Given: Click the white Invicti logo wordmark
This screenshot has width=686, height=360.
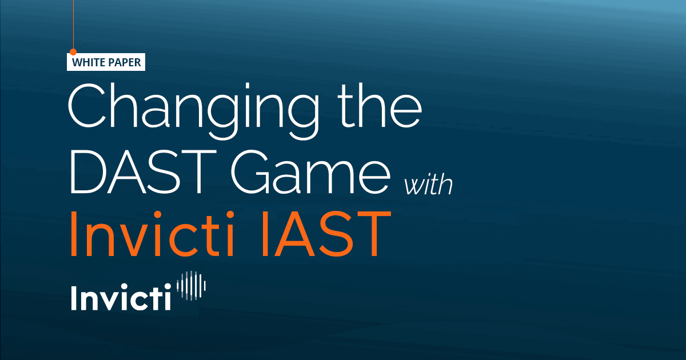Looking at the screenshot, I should pos(121,297).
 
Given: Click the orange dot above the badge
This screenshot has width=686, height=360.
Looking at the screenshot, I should pos(73,51).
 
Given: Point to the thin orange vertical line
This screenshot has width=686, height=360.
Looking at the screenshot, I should pos(73,23).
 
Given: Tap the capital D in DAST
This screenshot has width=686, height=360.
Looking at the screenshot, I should pos(88,170).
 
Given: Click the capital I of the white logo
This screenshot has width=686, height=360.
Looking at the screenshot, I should pos(74,297).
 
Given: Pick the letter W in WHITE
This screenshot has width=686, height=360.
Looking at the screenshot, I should pos(76,63).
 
